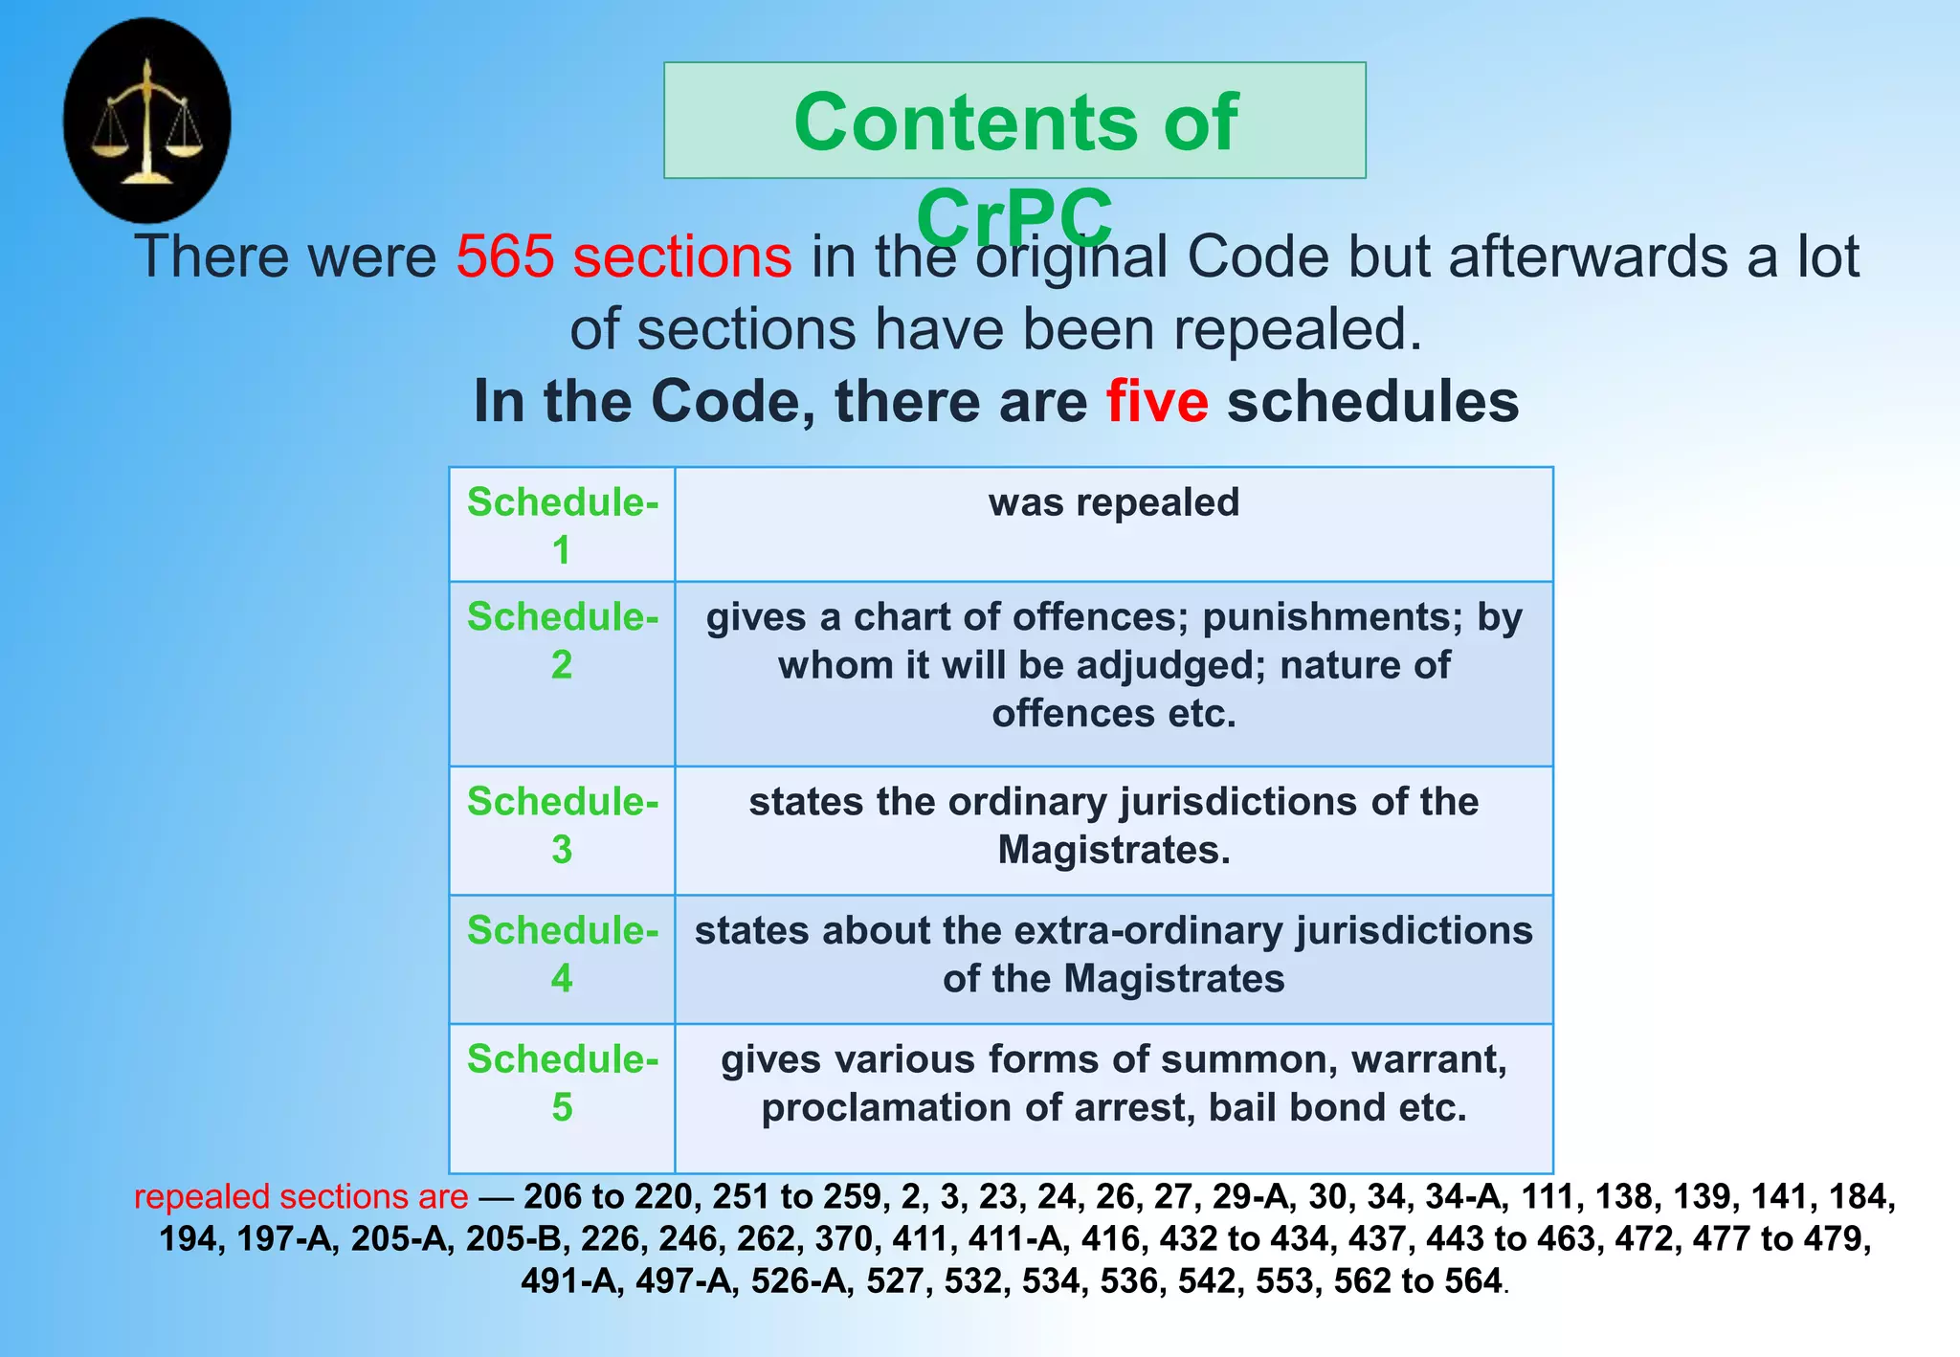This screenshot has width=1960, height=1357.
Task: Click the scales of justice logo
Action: point(146,121)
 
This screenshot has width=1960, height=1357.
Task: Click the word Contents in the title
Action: point(967,122)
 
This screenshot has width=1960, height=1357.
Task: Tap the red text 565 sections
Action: point(624,256)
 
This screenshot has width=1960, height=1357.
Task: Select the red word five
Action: point(1157,401)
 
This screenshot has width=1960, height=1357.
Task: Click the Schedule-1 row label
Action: point(562,524)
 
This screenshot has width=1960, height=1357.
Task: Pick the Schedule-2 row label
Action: point(562,639)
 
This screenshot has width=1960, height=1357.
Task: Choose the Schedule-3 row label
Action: point(562,824)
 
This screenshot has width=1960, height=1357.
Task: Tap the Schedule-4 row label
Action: point(562,953)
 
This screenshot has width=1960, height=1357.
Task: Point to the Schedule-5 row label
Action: point(562,1081)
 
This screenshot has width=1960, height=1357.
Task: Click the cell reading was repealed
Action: point(1113,502)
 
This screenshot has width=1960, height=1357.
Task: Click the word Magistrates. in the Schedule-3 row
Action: point(1114,850)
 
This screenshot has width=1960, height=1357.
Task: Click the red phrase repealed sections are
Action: point(301,1196)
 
